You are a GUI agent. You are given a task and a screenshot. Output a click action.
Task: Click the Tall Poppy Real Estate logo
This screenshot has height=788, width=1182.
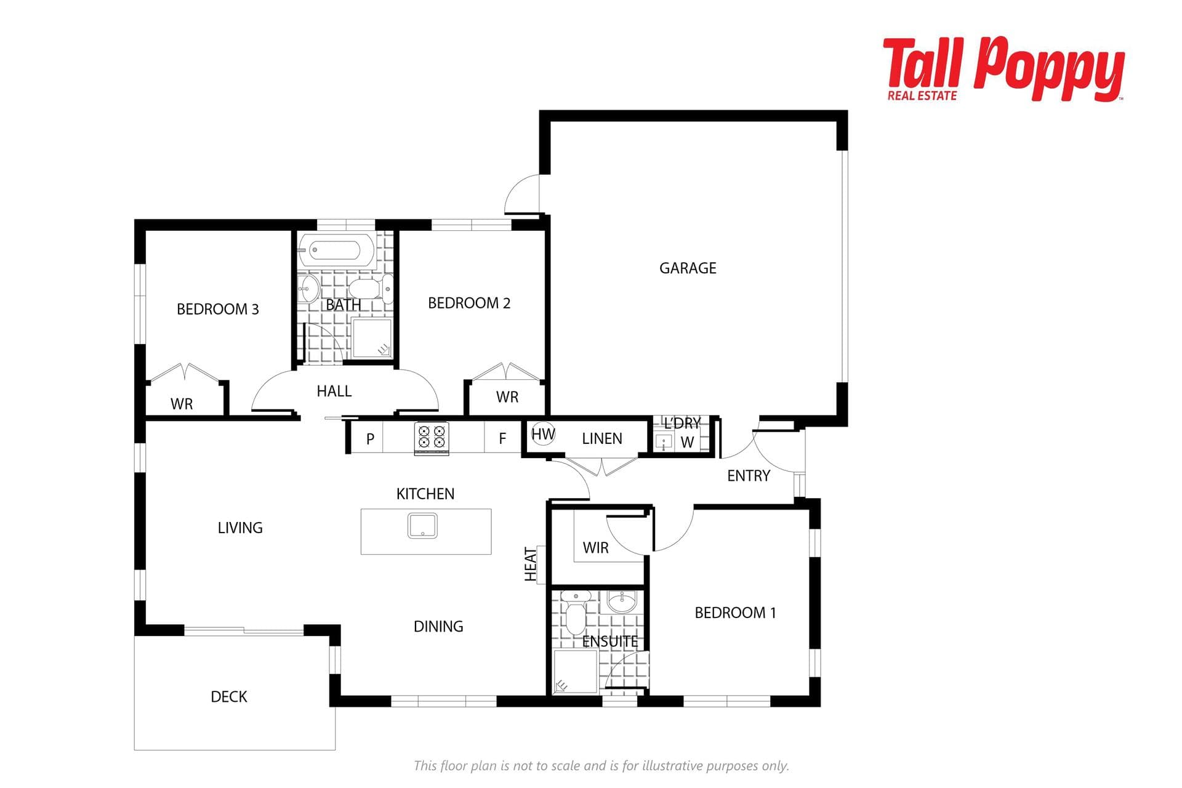coord(1003,69)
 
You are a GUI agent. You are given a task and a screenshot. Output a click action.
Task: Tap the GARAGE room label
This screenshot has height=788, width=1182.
coord(688,268)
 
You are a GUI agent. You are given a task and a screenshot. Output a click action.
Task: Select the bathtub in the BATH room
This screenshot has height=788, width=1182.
coord(336,250)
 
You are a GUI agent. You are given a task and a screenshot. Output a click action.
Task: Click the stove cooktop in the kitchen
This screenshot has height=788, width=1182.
coord(432,437)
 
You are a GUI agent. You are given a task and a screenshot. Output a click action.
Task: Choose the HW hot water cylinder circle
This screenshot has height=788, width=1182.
coord(543,434)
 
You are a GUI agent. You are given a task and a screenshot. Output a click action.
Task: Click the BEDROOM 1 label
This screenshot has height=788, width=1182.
coord(735,613)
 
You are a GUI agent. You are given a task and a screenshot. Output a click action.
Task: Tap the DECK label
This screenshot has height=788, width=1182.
coord(229,697)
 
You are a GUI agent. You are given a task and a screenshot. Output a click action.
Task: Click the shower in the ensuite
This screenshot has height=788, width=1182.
coord(575,672)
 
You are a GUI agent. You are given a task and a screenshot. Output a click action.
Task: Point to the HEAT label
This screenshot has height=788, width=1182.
coord(531,564)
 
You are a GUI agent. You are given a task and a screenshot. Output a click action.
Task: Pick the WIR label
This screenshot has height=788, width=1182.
coord(595,548)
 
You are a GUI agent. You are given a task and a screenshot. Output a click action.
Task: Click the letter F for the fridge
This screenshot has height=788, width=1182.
coord(502,438)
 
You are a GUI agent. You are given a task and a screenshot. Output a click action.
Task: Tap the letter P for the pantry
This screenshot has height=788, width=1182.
coord(370,439)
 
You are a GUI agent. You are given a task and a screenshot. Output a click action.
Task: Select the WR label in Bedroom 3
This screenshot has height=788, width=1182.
coord(182,404)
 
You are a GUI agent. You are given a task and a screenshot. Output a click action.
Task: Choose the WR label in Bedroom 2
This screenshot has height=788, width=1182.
coord(507,397)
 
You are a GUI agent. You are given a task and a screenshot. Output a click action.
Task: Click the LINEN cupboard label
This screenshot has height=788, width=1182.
coord(602,438)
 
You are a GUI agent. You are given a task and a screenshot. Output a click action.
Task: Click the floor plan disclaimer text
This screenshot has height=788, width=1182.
coord(601,766)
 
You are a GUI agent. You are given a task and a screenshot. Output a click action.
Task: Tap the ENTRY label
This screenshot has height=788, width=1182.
coord(749,476)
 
